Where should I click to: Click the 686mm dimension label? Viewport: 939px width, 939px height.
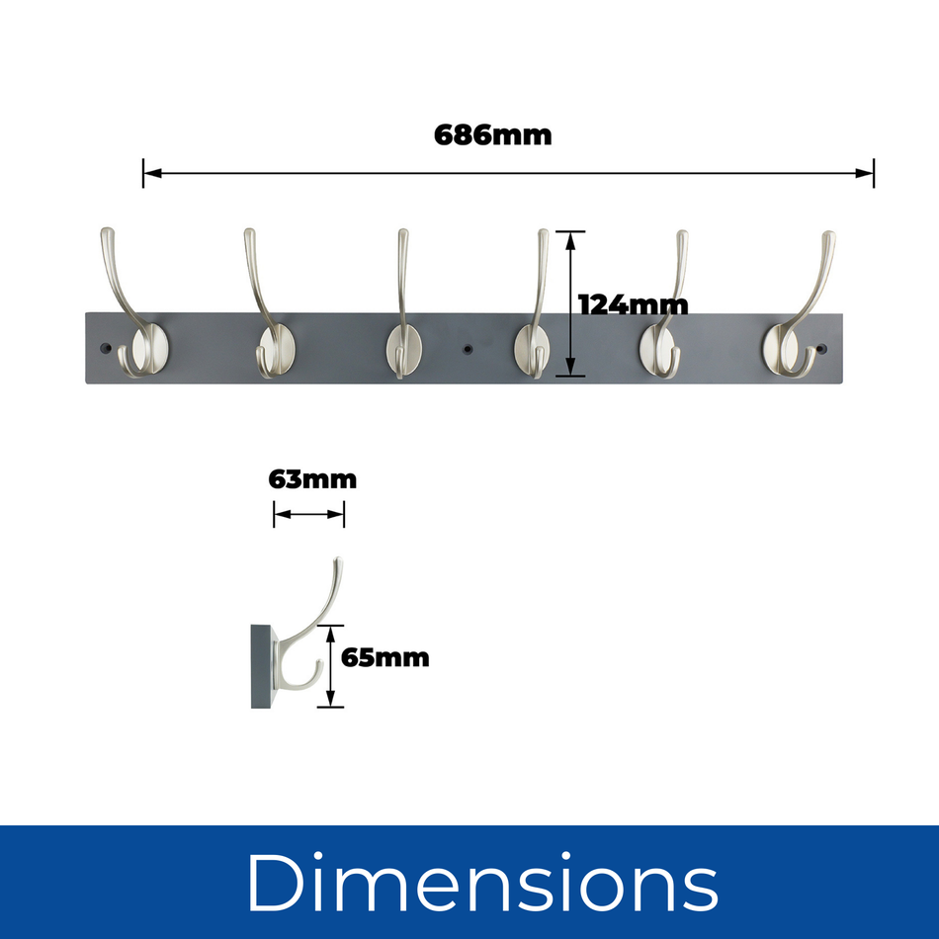pos(492,135)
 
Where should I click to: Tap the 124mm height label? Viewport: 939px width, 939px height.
pos(633,304)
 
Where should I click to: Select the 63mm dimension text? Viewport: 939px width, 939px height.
pos(311,480)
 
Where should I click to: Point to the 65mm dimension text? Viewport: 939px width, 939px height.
pos(385,657)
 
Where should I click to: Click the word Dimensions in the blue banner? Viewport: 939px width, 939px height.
pos(481,882)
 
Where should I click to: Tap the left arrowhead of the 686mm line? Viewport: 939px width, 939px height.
pos(149,174)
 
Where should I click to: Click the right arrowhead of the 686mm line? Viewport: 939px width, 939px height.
pos(868,174)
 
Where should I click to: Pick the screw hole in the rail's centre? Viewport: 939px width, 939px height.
pos(466,350)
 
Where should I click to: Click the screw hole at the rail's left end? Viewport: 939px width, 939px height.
pos(107,349)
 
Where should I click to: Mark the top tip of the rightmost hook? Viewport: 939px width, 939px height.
pos(829,235)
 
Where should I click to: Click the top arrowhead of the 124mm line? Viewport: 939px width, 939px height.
pos(570,236)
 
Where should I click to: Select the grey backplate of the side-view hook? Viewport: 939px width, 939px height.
pos(262,664)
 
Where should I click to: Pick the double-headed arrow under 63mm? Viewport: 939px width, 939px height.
pos(308,514)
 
